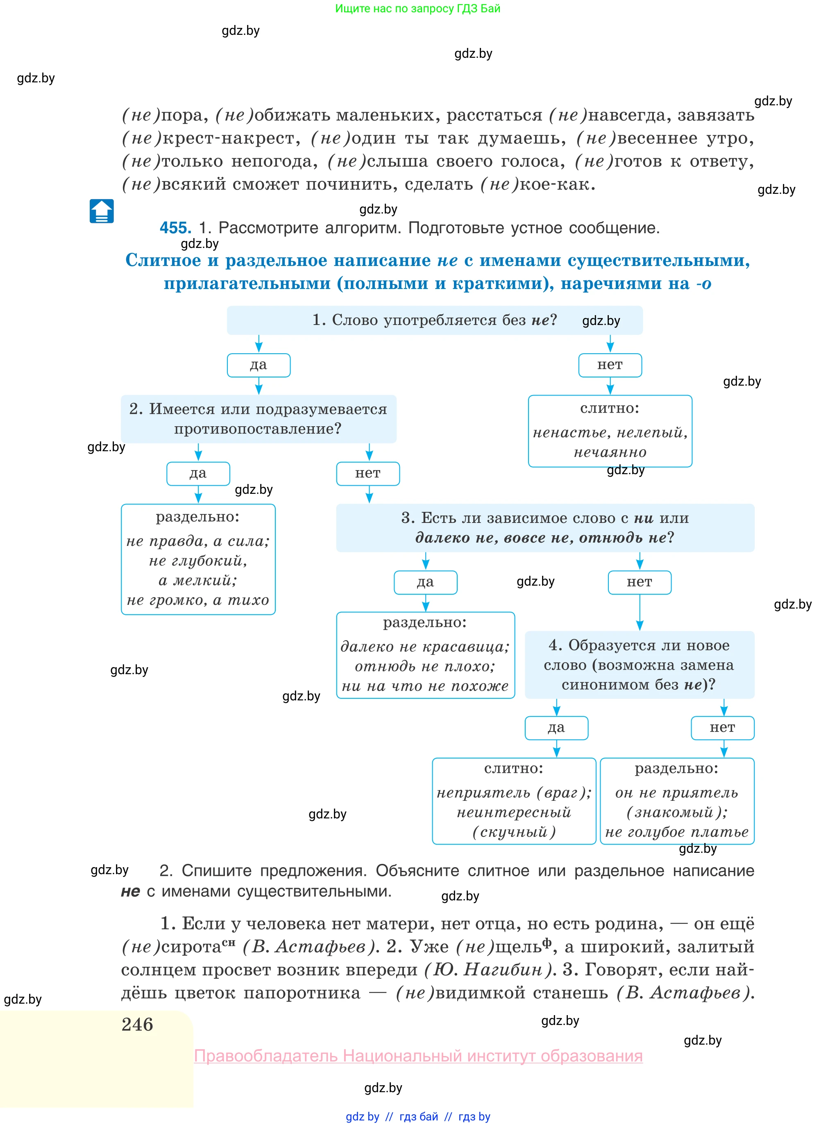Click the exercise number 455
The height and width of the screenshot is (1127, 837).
[x=175, y=228]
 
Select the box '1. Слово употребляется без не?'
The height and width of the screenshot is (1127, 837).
[x=434, y=320]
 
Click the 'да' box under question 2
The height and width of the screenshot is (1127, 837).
[x=198, y=474]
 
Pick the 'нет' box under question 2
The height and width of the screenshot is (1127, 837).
[x=368, y=474]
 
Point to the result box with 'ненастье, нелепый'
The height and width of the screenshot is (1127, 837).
[x=610, y=431]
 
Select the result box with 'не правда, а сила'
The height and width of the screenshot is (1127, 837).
[x=198, y=559]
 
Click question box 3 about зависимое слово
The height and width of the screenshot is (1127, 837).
[x=545, y=528]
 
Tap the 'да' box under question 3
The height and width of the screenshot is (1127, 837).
[x=426, y=582]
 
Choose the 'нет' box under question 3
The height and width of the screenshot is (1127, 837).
[x=640, y=582]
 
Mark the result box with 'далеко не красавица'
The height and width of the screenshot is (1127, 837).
[x=426, y=655]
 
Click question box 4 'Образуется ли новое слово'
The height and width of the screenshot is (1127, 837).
[x=640, y=665]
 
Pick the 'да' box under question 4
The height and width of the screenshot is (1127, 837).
[x=556, y=728]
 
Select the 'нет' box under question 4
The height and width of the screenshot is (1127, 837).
[x=723, y=728]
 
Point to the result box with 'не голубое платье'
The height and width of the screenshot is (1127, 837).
[x=677, y=801]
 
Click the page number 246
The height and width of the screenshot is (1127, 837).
[x=137, y=1025]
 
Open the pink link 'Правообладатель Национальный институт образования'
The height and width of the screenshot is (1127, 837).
[x=419, y=1056]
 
